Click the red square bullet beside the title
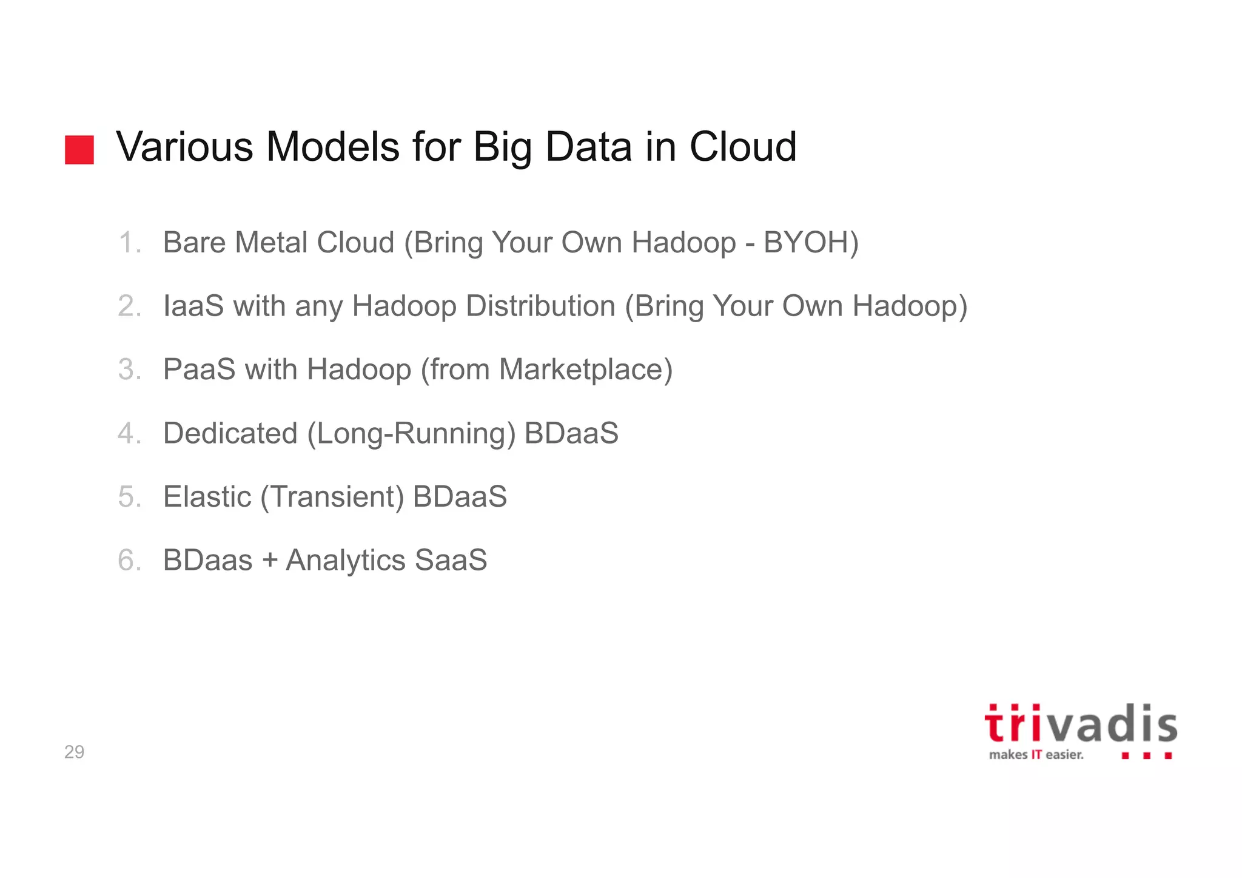[79, 150]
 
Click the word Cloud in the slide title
[743, 147]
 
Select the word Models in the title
[332, 147]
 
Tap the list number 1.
[129, 243]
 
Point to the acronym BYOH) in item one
[811, 243]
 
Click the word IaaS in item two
[193, 306]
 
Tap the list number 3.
[129, 370]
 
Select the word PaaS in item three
[199, 370]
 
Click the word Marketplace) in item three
[586, 370]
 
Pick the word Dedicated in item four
[230, 433]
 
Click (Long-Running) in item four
[411, 434]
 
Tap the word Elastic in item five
[207, 497]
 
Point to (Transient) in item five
[332, 497]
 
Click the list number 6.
[129, 560]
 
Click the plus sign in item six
[270, 560]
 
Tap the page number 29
[74, 752]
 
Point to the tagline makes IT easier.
[1036, 755]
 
